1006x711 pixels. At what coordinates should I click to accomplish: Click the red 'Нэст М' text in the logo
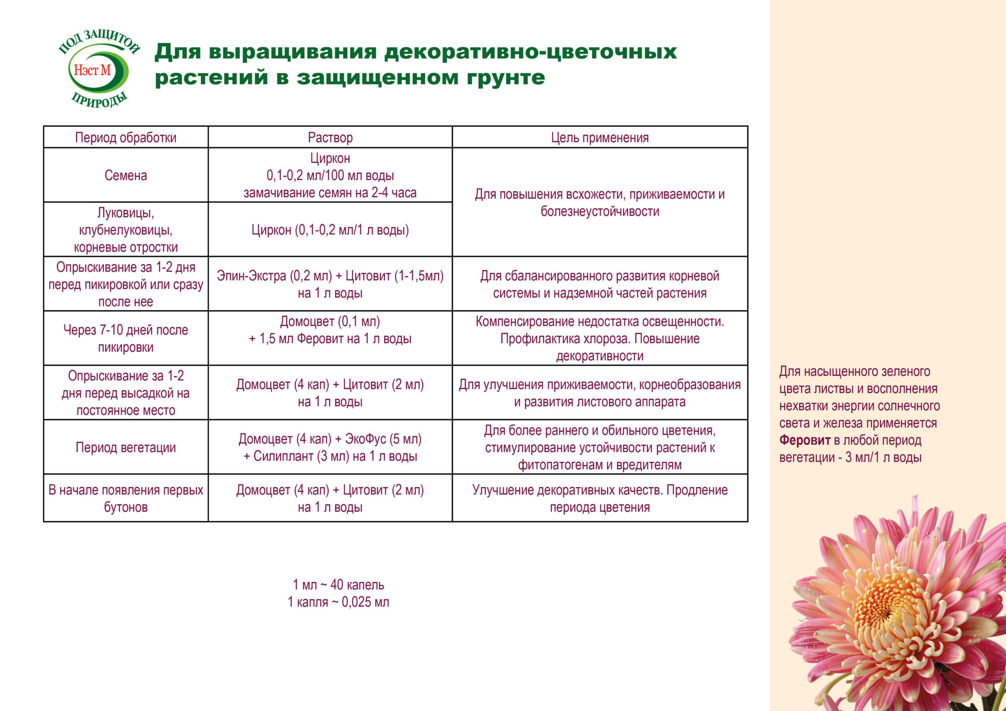pyautogui.click(x=92, y=70)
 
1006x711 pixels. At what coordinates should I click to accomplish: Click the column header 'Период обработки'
pyautogui.click(x=126, y=137)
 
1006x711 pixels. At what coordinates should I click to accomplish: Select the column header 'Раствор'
pyautogui.click(x=330, y=137)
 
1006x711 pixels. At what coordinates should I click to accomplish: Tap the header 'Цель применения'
pyautogui.click(x=599, y=137)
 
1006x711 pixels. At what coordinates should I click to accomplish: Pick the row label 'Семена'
pyautogui.click(x=126, y=175)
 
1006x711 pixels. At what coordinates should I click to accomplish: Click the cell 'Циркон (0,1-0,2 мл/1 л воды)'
pyautogui.click(x=330, y=230)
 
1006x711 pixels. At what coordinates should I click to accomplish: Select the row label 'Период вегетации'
pyautogui.click(x=126, y=447)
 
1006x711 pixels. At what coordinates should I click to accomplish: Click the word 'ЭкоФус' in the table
pyautogui.click(x=365, y=438)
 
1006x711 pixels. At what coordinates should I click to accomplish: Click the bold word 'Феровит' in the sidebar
pyautogui.click(x=805, y=440)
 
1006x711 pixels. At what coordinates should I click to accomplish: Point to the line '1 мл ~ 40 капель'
pyautogui.click(x=338, y=585)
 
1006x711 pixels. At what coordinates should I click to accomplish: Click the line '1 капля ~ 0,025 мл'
pyautogui.click(x=338, y=602)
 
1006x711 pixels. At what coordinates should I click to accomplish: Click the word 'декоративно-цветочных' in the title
pyautogui.click(x=530, y=52)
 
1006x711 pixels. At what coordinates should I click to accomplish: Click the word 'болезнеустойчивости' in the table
pyautogui.click(x=599, y=212)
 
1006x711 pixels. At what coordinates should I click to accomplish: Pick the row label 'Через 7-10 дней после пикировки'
pyautogui.click(x=126, y=339)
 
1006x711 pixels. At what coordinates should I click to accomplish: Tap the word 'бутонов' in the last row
pyautogui.click(x=126, y=507)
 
